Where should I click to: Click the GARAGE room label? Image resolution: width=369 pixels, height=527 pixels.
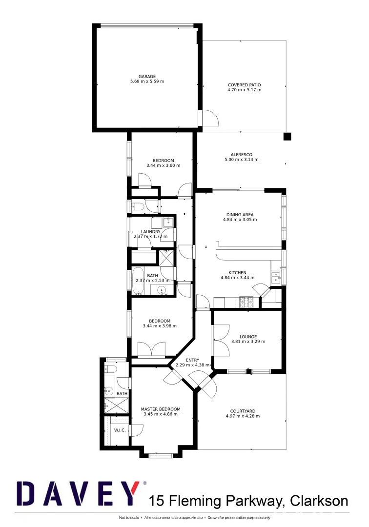pyautogui.click(x=147, y=76)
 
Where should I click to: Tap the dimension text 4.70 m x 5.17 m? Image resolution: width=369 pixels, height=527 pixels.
pyautogui.click(x=245, y=90)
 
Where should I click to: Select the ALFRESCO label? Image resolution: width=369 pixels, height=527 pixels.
pyautogui.click(x=241, y=154)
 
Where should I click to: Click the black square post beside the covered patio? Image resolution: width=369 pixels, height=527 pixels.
pyautogui.click(x=287, y=137)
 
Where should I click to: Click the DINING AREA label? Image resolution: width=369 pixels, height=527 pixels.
pyautogui.click(x=240, y=214)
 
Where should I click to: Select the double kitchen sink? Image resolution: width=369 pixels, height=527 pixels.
pyautogui.click(x=276, y=277)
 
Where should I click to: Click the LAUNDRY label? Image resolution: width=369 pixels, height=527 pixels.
pyautogui.click(x=150, y=232)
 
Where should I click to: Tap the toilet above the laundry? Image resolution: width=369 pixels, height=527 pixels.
pyautogui.click(x=138, y=206)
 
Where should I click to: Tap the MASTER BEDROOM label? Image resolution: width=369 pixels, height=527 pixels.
pyautogui.click(x=161, y=409)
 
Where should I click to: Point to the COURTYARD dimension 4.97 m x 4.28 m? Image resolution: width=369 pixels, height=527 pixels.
pyautogui.click(x=243, y=416)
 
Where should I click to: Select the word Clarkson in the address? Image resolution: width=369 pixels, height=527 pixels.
pyautogui.click(x=319, y=501)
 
